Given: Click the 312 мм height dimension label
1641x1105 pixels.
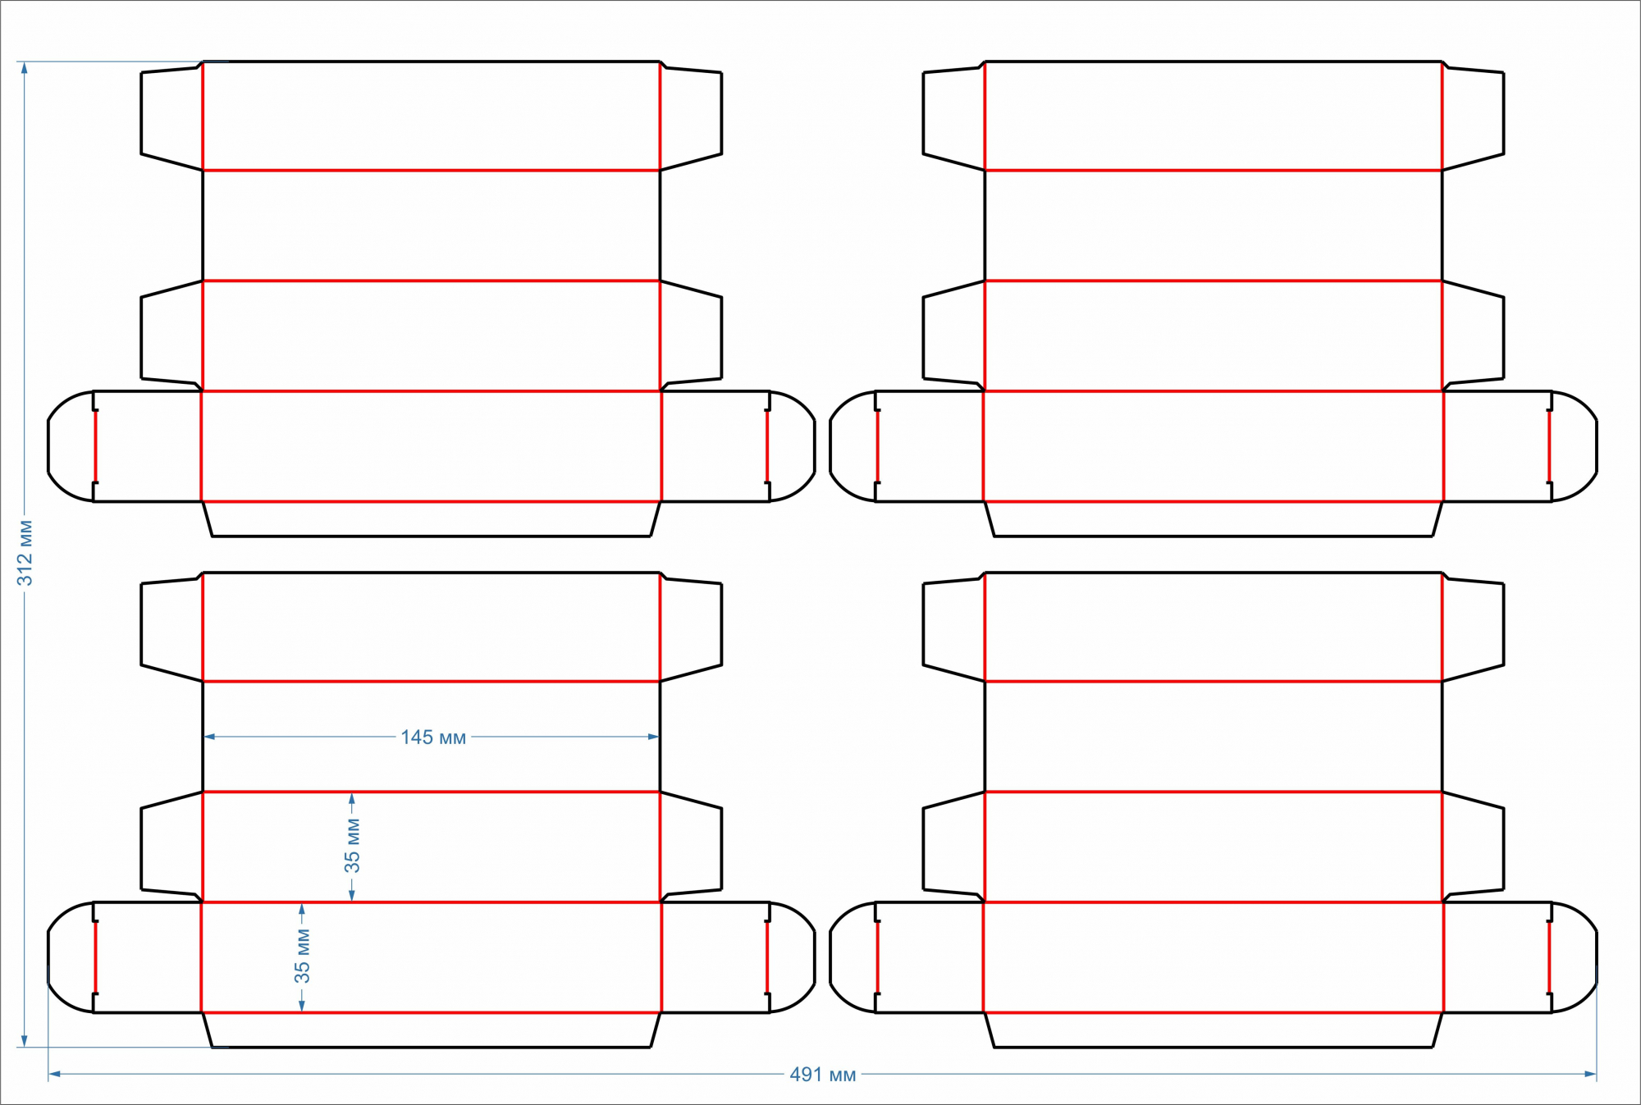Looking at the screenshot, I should (25, 553).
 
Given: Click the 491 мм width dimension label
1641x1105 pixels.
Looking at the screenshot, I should (822, 1075).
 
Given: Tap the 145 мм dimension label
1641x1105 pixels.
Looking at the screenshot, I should (433, 737).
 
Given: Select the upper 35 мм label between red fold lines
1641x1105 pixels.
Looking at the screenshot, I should (352, 846).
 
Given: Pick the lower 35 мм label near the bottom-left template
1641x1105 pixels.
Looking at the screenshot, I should (302, 957).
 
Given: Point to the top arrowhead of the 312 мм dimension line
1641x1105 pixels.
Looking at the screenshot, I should (25, 67).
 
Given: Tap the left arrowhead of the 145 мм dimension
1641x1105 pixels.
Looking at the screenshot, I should (209, 737).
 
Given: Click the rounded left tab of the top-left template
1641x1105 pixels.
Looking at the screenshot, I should (71, 446).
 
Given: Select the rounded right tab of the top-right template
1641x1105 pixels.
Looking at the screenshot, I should (1574, 446).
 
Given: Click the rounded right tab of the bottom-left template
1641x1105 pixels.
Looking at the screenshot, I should (792, 957).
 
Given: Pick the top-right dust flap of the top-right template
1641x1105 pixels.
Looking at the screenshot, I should (1473, 116).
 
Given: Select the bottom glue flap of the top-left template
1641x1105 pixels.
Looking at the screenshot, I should (432, 519).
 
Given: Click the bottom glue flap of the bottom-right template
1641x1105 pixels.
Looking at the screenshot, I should (1214, 1030).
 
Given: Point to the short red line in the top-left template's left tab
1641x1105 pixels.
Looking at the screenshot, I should (96, 446).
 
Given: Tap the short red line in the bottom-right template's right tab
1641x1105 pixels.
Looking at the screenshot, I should (1549, 957).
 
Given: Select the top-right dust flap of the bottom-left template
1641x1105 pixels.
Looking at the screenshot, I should (691, 627).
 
